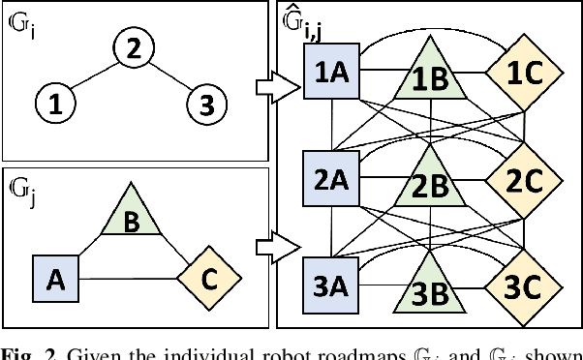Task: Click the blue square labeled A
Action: (x=56, y=279)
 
